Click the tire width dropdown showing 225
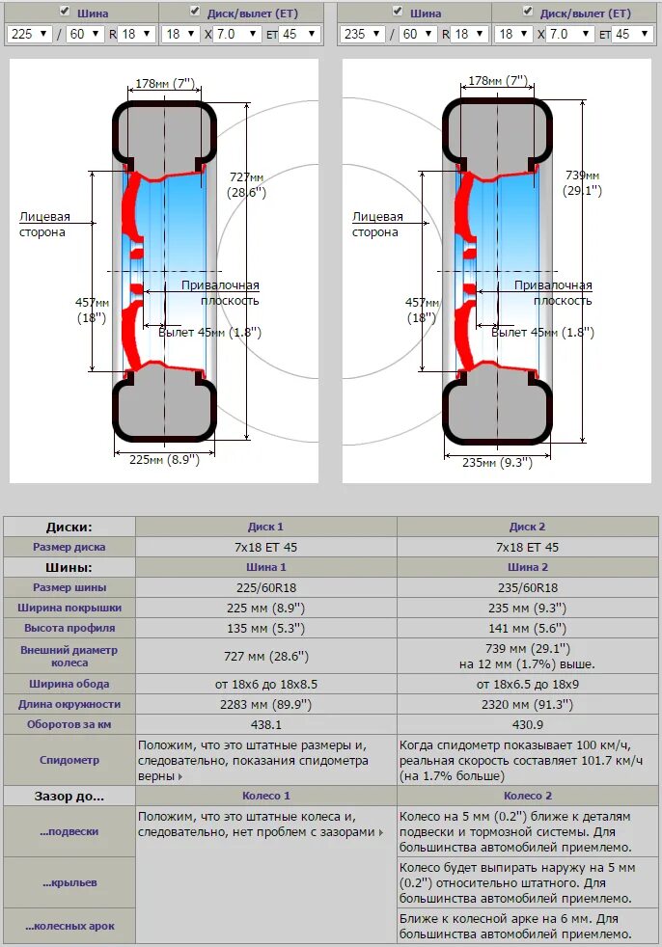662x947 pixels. pos(28,34)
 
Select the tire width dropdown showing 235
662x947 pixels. pos(360,34)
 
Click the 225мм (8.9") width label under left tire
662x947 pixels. pos(164,460)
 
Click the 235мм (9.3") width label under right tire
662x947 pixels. pos(497,463)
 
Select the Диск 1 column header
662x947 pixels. pos(265,527)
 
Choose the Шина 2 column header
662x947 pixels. pos(528,567)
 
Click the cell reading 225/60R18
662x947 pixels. pos(265,587)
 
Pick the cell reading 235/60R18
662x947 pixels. pos(528,587)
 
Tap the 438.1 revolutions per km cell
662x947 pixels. pos(265,724)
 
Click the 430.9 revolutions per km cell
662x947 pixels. pos(528,724)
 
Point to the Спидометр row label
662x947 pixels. pos(69,760)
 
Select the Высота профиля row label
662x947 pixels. pos(69,629)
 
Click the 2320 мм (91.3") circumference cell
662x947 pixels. pos(528,704)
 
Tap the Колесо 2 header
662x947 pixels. pos(528,796)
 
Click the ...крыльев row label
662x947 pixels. pos(69,882)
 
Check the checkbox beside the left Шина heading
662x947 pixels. pos(65,12)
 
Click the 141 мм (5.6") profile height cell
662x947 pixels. pos(528,629)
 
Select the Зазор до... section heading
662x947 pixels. pos(69,796)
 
